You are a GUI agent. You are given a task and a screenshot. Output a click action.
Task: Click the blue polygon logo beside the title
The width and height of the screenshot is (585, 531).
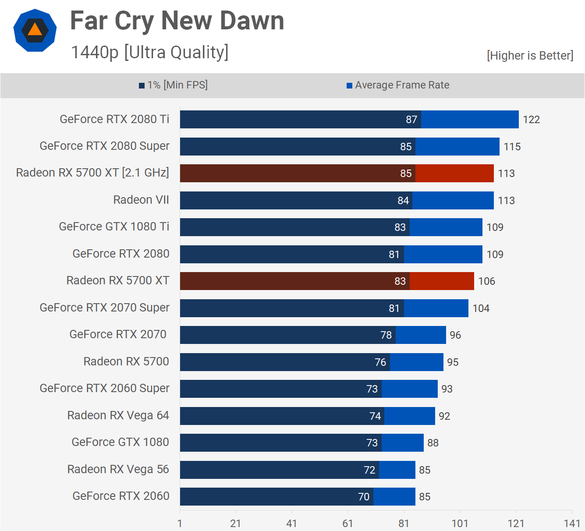(x=35, y=30)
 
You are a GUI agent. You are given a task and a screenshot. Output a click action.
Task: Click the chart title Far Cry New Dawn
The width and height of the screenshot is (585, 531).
(x=177, y=21)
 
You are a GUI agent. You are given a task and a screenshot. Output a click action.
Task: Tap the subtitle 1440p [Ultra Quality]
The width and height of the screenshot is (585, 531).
(x=149, y=52)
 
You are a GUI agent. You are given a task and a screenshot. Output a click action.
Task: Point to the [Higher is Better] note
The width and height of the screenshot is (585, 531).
(x=530, y=56)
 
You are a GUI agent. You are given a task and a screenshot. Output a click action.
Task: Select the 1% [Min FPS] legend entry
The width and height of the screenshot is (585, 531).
(x=174, y=85)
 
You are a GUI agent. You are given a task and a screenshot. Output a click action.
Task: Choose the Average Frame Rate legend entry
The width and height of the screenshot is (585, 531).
(x=398, y=85)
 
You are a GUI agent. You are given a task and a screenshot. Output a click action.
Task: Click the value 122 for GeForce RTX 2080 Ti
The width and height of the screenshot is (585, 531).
(x=531, y=120)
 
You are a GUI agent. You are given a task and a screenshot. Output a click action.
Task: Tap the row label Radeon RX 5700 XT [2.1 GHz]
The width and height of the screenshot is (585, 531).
(x=92, y=173)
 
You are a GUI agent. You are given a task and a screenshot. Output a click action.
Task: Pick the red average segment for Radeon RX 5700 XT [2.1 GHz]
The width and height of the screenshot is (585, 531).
(x=454, y=173)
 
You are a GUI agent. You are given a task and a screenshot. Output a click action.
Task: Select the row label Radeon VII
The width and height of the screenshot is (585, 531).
(x=141, y=200)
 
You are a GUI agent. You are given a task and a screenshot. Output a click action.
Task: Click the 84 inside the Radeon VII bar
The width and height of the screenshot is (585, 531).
(x=403, y=201)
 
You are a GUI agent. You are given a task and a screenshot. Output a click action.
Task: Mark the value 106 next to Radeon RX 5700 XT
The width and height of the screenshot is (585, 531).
(x=486, y=281)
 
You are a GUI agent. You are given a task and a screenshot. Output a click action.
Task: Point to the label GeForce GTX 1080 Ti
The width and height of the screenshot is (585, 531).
(x=114, y=227)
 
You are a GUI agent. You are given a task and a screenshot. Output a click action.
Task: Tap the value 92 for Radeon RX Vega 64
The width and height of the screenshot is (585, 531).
(x=444, y=416)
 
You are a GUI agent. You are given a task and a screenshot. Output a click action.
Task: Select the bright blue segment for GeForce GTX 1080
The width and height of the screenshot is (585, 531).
(x=403, y=442)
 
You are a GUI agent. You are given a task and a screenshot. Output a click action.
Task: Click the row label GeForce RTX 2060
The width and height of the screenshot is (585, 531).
(x=121, y=496)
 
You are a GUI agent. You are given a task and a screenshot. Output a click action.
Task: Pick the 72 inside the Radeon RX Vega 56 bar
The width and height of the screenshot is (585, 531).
(x=369, y=470)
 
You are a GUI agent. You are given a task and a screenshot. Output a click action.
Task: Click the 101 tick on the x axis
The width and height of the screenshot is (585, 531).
(x=460, y=523)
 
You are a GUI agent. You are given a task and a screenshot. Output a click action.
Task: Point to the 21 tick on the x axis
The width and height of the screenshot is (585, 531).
(x=236, y=523)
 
